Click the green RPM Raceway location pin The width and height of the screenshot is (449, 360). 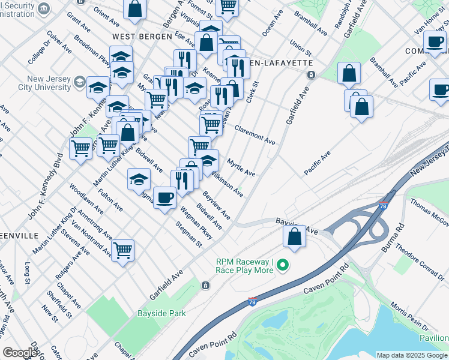click(x=286, y=263)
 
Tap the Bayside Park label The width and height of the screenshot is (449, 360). click(x=161, y=313)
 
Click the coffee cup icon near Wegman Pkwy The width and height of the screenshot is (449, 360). click(x=164, y=197)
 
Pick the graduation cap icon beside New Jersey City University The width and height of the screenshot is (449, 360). click(x=98, y=88)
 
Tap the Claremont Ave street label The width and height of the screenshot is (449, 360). click(x=255, y=135)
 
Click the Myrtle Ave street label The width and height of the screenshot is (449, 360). click(x=241, y=167)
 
